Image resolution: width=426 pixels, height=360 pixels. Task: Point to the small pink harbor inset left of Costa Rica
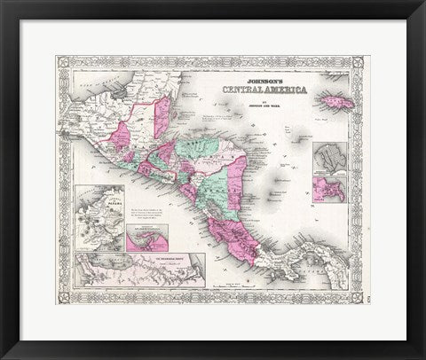click(151, 238)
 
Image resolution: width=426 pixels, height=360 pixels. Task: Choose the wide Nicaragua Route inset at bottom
click(142, 270)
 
